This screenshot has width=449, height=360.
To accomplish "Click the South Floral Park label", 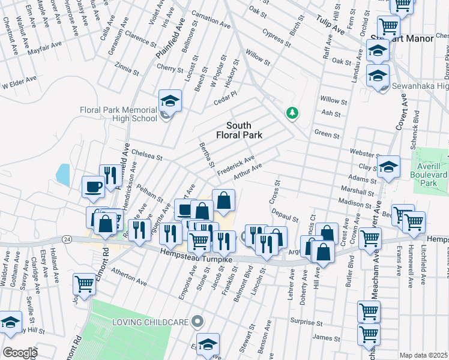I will pos(244,130).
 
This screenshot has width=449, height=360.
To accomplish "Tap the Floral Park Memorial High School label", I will pos(118,114).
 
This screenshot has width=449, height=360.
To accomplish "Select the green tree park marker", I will pos(292,112).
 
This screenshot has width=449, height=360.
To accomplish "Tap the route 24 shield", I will pos(66,238).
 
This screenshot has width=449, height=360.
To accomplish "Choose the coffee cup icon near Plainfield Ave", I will pos(94,187).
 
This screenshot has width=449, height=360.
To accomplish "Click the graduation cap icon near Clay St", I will pos(389,169).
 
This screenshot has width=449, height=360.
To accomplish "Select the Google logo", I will pos(19,353).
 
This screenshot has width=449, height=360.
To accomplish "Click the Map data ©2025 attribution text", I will pos(424,355).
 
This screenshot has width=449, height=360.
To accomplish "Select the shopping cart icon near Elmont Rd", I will pos(84,284).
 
